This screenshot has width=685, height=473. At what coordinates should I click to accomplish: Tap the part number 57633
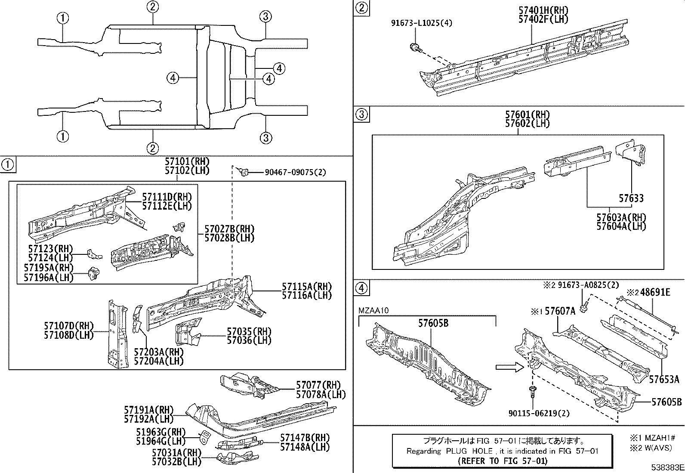click(631, 198)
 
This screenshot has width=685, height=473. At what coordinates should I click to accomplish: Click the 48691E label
click(655, 293)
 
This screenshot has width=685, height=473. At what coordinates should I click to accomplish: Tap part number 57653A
click(664, 379)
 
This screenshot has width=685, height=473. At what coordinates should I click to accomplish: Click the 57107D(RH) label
click(68, 326)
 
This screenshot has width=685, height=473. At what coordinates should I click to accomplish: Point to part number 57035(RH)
click(249, 331)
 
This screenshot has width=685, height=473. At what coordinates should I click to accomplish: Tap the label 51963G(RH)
click(154, 432)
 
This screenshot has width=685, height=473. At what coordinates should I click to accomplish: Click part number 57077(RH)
click(318, 385)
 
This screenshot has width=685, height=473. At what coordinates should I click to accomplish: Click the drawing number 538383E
click(666, 467)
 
